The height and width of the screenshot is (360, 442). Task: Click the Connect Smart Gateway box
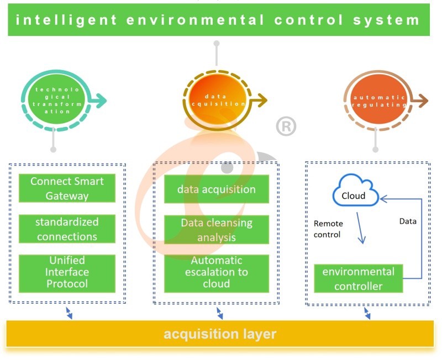[67, 188]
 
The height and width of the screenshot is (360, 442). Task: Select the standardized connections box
[67, 229]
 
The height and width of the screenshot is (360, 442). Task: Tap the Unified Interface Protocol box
[67, 272]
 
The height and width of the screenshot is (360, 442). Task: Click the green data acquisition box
[217, 189]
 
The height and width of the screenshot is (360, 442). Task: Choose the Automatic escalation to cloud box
[217, 273]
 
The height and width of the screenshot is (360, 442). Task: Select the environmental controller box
[359, 278]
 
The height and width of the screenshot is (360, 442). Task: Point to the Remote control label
[328, 229]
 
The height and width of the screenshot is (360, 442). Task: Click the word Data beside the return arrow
[408, 221]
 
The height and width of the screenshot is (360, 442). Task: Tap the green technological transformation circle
[54, 100]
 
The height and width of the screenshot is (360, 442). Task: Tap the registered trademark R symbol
[286, 127]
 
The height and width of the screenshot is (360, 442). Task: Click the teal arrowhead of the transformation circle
[101, 100]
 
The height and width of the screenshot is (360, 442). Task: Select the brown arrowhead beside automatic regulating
[423, 100]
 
